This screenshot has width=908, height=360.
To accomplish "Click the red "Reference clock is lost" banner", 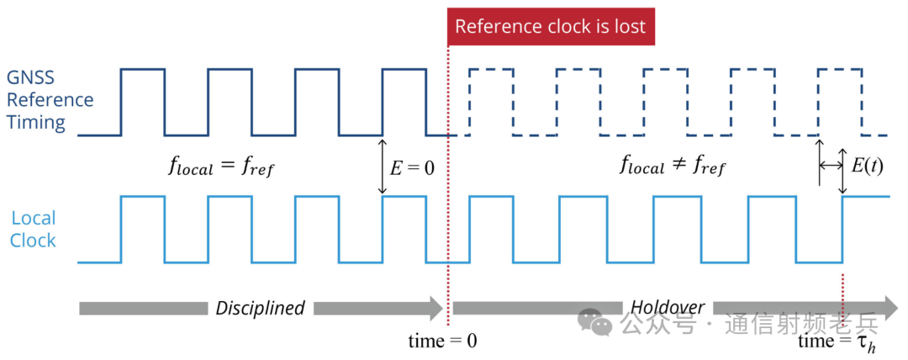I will point(551,27).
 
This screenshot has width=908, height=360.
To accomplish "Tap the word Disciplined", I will point(260,308).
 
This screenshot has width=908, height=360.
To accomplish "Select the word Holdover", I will point(668,307).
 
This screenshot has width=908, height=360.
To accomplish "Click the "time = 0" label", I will point(442,341).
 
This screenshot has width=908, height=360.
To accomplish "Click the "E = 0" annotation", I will point(412,167).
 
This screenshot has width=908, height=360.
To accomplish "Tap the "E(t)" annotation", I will point(867,167).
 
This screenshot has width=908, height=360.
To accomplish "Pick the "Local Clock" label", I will point(34,229).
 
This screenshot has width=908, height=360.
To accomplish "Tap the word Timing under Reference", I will point(36,123).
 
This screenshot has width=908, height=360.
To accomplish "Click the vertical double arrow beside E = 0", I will point(383,167).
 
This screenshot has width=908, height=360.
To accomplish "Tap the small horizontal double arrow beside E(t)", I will point(831,167).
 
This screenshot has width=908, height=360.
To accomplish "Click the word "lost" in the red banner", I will point(630,27).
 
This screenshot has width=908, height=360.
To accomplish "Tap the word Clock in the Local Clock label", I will point(34,241).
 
